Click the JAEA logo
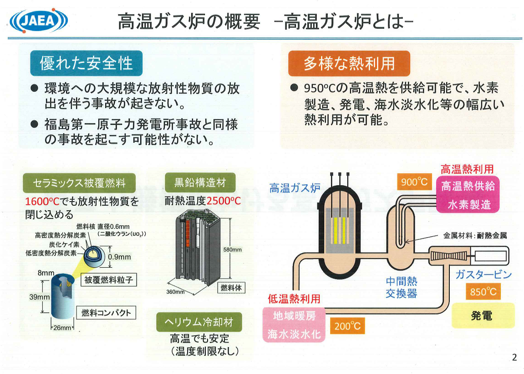click(x=39, y=20)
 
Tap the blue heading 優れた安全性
click(x=86, y=63)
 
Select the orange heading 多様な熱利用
click(x=349, y=63)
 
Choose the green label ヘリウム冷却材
click(x=199, y=322)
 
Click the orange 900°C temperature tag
click(x=414, y=182)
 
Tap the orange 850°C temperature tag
click(x=483, y=291)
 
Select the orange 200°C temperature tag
click(x=347, y=326)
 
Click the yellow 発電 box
click(x=482, y=315)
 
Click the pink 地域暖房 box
click(x=294, y=315)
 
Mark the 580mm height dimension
click(x=232, y=250)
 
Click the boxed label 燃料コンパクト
click(x=106, y=312)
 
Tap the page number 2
click(x=514, y=358)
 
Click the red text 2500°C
click(x=224, y=201)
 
